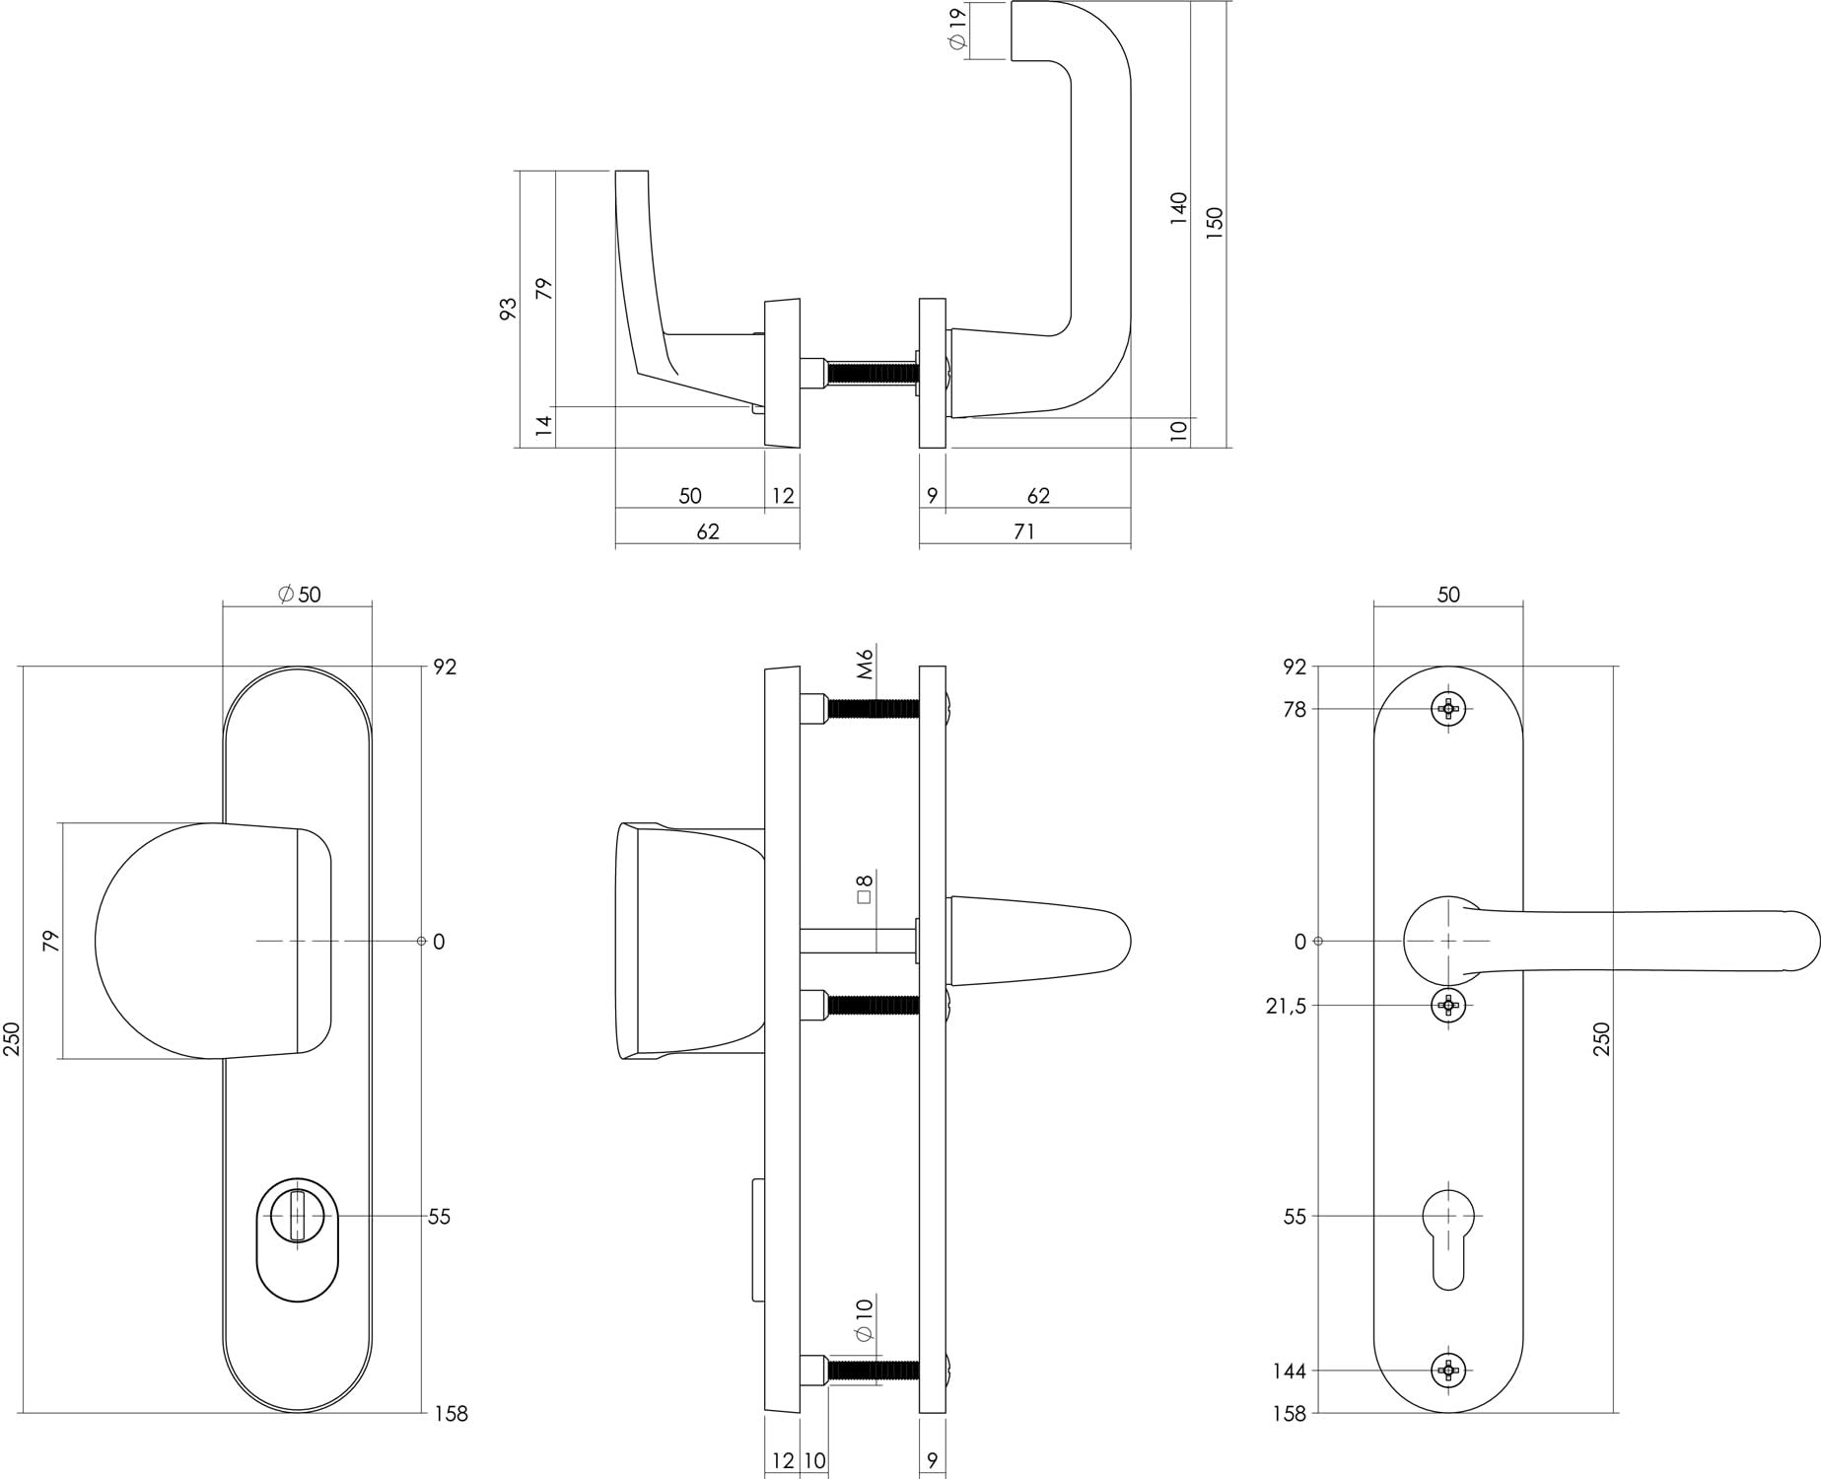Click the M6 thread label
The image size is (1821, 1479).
click(x=866, y=665)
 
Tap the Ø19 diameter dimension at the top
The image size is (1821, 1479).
click(x=956, y=30)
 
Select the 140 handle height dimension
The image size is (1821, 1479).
click(x=1179, y=209)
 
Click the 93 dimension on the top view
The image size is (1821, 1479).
click(x=509, y=308)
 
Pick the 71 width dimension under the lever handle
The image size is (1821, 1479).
click(x=1024, y=532)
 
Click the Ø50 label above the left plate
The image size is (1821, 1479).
click(x=299, y=595)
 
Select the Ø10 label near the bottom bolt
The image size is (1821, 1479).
click(x=865, y=1319)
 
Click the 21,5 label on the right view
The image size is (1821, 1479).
click(x=1286, y=1006)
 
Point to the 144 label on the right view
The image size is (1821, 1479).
click(x=1289, y=1371)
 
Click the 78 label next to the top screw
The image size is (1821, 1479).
click(x=1295, y=709)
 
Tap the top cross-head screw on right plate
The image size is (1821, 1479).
click(x=1448, y=708)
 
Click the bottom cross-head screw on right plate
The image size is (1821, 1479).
click(x=1448, y=1370)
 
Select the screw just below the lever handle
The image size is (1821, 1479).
click(x=1448, y=1005)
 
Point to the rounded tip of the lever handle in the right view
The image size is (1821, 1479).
click(x=1801, y=941)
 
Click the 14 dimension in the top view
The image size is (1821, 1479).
click(x=544, y=426)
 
